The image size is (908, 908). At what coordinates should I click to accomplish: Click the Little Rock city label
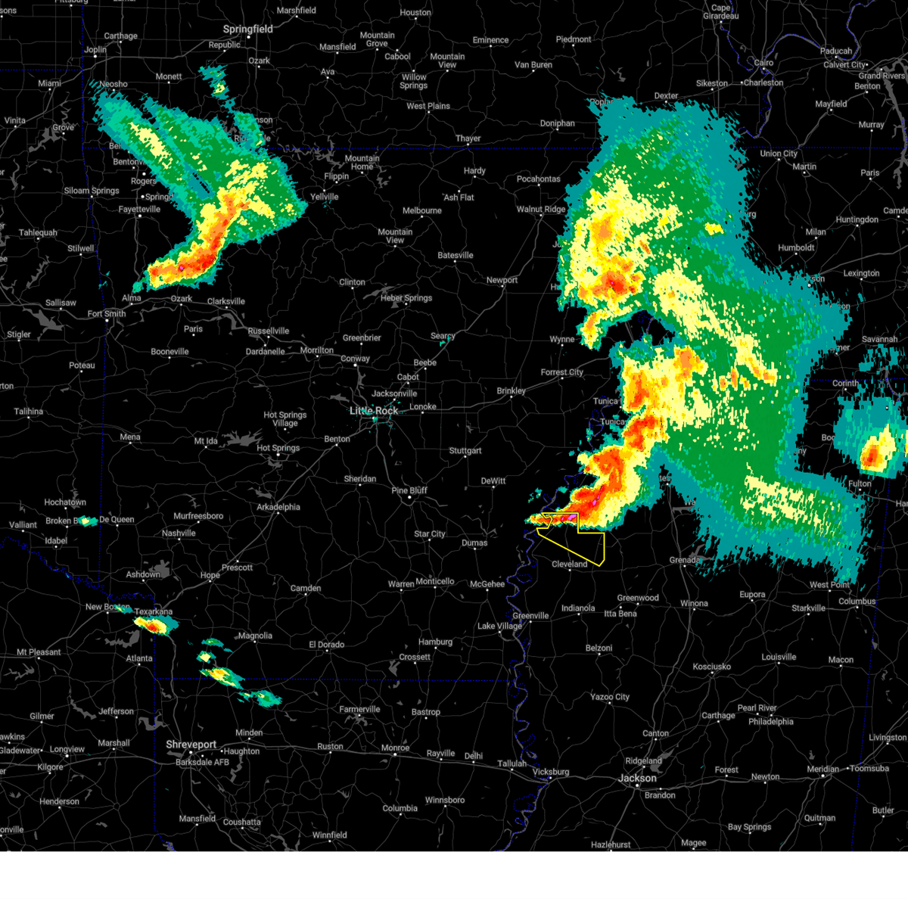[374, 411]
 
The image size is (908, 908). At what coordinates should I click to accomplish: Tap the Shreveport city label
[191, 745]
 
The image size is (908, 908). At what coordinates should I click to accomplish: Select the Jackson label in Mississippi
[637, 778]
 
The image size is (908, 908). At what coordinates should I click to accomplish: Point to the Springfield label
[247, 30]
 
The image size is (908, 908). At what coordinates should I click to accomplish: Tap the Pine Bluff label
[409, 491]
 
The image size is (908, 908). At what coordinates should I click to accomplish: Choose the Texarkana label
[154, 612]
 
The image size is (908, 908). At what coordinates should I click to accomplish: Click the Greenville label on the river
[530, 616]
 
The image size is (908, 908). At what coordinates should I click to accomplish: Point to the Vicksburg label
[550, 773]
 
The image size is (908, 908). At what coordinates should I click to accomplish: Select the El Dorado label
[326, 645]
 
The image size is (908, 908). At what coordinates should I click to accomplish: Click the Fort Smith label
[107, 314]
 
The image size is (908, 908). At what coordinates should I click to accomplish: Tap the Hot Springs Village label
[285, 419]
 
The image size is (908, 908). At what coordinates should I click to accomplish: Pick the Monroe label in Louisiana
[395, 748]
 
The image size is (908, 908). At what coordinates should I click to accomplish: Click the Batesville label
[456, 256]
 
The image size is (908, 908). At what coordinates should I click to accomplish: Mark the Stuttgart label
[465, 451]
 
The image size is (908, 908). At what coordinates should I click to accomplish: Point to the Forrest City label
[562, 372]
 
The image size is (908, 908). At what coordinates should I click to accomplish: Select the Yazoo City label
[610, 697]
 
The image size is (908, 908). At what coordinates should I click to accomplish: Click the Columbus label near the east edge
[857, 602]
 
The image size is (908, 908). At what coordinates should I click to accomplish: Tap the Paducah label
[836, 51]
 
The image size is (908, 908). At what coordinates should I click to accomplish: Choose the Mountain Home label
[362, 163]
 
